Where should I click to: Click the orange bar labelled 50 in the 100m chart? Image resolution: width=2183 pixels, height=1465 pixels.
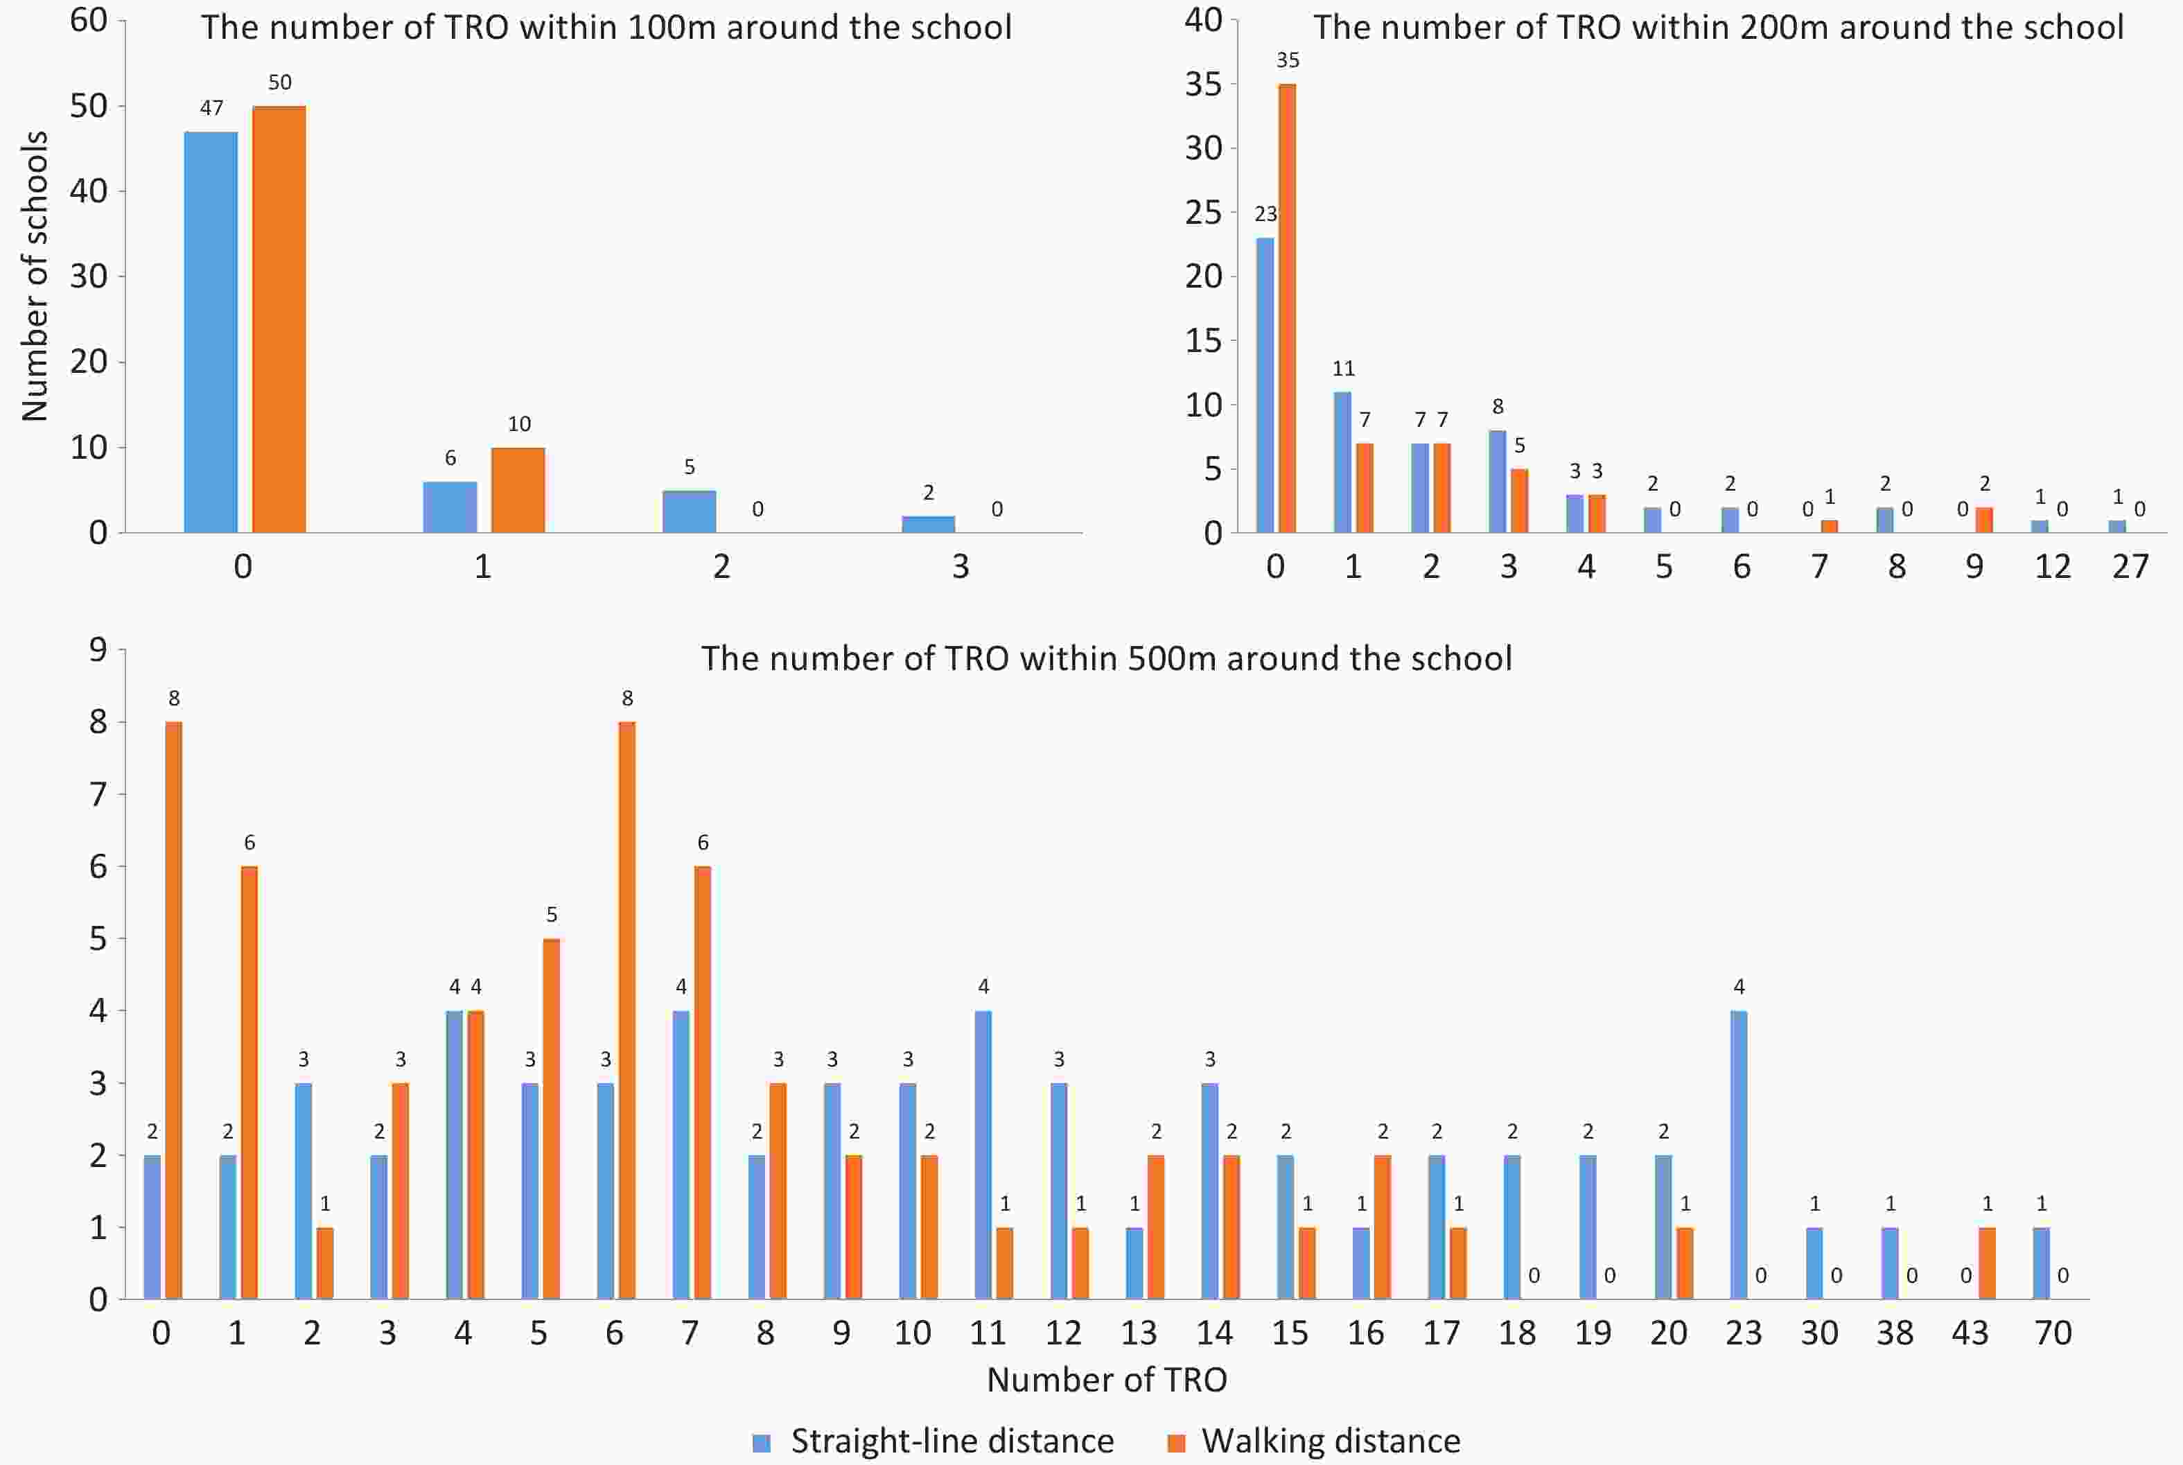[279, 319]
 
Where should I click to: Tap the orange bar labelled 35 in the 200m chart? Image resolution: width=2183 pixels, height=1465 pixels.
[1286, 308]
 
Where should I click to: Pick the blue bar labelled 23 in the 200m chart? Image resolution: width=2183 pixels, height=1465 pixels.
[1265, 385]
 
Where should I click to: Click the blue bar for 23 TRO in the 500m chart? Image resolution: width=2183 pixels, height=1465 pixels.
[1738, 1155]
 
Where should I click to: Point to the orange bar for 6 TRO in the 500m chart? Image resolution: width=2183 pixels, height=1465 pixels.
[626, 1010]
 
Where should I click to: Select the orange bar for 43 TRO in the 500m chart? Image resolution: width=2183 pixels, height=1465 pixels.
[1987, 1263]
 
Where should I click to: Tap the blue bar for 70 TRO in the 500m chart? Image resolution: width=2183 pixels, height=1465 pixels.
[2041, 1263]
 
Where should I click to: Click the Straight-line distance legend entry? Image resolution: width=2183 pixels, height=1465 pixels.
[934, 1441]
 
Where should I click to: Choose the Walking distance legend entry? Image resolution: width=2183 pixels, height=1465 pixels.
[1315, 1441]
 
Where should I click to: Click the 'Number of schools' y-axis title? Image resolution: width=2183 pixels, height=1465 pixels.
[35, 276]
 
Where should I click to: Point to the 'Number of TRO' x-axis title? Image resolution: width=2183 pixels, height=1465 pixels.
[1106, 1380]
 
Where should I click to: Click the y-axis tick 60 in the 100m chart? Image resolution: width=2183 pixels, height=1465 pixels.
[89, 21]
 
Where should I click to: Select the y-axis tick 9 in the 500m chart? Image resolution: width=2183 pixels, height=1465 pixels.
[98, 649]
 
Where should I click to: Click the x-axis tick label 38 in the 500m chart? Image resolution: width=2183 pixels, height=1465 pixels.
[1895, 1333]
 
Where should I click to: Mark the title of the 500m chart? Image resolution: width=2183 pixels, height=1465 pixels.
[1106, 658]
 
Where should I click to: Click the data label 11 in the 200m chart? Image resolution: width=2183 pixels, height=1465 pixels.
[1343, 368]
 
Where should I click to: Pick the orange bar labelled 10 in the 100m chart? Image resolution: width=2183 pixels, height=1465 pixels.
[518, 491]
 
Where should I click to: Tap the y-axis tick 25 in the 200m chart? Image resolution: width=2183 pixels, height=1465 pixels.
[1203, 213]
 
